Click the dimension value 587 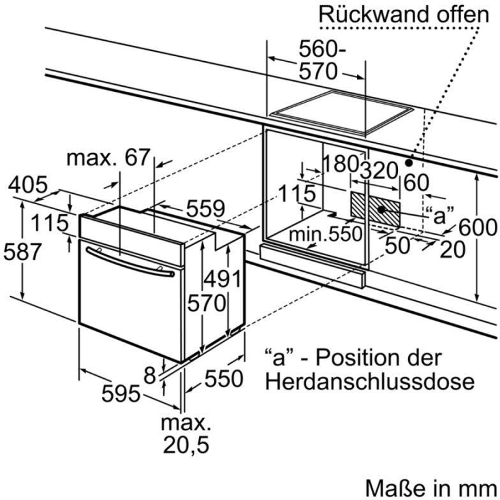[x=22, y=251]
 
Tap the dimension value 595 [x=121, y=393]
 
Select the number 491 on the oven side [x=222, y=279]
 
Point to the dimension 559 [x=205, y=209]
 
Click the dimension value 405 [x=28, y=185]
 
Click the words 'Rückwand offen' [x=404, y=14]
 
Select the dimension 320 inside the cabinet [x=379, y=171]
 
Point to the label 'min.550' [x=325, y=234]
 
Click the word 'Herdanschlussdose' [x=370, y=381]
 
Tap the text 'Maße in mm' [x=432, y=489]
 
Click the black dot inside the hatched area [x=381, y=209]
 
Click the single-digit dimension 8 [x=149, y=376]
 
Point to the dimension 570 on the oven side [x=207, y=303]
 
